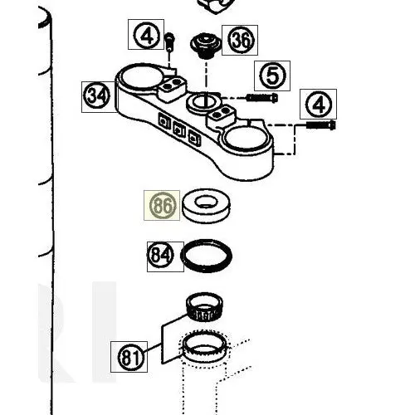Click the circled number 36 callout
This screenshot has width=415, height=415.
coord(240,40)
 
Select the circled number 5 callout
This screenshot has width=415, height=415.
coord(272,76)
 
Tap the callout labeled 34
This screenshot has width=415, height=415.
coord(97,96)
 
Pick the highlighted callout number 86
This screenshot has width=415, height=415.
coord(162,205)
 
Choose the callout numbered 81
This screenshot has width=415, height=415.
coord(129,357)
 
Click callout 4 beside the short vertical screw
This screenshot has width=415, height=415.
coord(146,34)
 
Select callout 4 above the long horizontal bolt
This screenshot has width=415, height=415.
coord(318,104)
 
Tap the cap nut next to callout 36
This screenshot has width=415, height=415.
coord(206,46)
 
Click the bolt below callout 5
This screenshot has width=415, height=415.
coord(262,97)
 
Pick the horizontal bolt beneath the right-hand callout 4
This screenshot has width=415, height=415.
coord(321,125)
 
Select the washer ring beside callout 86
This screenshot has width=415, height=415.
coord(206,206)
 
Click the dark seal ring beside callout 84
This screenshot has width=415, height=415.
coord(206,256)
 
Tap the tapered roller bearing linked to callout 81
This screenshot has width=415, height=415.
coord(204,306)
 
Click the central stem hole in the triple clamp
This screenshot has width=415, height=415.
coord(204,102)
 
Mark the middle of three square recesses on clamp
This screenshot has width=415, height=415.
coord(179,129)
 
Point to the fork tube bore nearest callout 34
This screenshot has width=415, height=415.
coord(140,76)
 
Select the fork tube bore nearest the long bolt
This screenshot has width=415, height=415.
coord(246,139)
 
